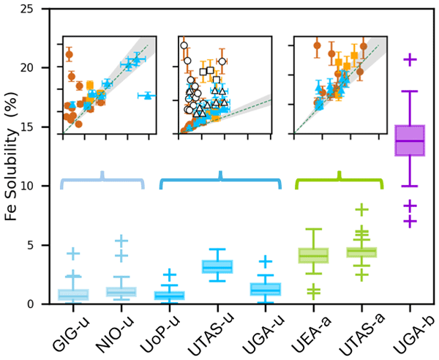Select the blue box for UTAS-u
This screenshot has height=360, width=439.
click(217, 266)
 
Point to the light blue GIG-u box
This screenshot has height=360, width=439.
click(73, 295)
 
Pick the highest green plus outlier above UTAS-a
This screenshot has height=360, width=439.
click(361, 209)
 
